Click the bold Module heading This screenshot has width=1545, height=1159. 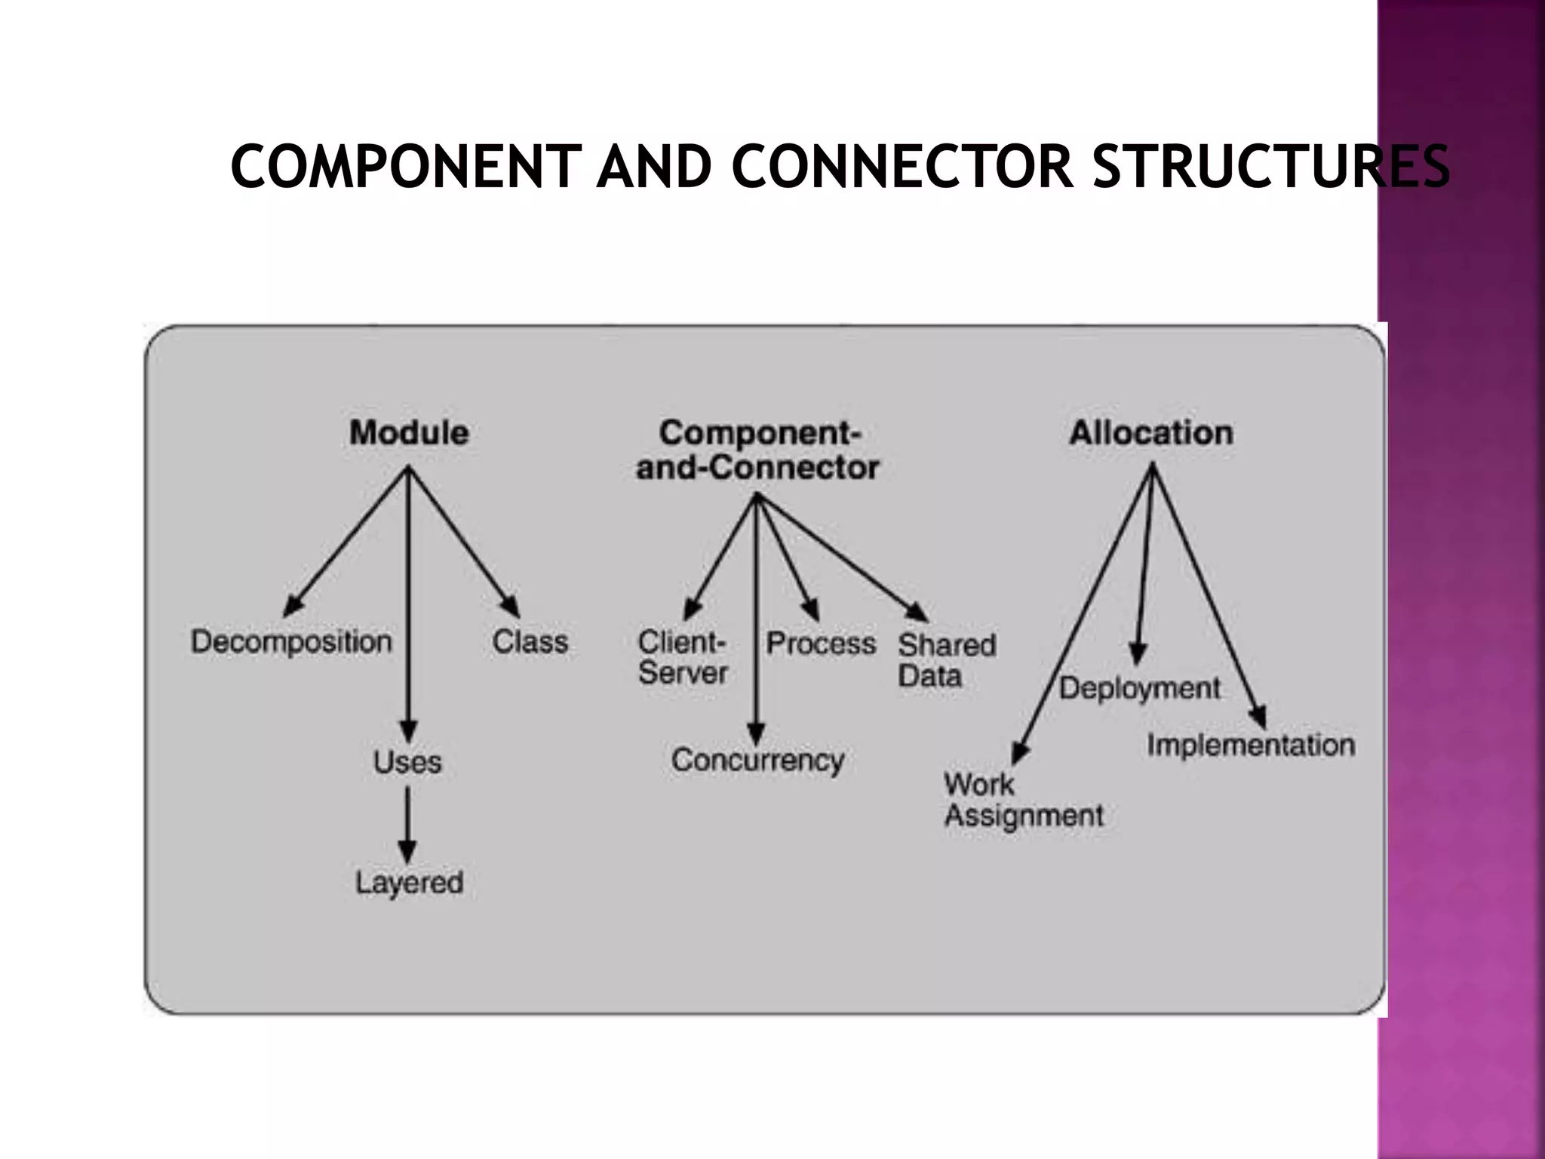pos(409,433)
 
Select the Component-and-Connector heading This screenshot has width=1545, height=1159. pos(757,450)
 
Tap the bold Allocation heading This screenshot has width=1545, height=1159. pos(1151,433)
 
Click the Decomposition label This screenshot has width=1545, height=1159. pos(291,642)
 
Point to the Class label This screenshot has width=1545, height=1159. pos(530,642)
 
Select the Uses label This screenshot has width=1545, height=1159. pos(407,762)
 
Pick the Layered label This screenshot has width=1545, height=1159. pos(409,882)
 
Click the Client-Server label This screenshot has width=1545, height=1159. pos(683,658)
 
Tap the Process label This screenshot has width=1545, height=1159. pos(821,644)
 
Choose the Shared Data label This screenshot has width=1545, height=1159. pos(946,660)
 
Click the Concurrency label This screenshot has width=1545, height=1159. pos(757,761)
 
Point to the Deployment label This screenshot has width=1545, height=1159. pos(1139,688)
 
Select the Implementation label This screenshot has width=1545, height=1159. pos(1251,746)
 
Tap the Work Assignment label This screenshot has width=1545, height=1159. pos(1023,801)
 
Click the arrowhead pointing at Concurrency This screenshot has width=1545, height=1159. pos(756,733)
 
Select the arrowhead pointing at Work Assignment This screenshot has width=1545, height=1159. pos(1020,753)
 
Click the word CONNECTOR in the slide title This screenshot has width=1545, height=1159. pos(902,167)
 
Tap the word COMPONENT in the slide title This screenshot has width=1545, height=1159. pos(406,167)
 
